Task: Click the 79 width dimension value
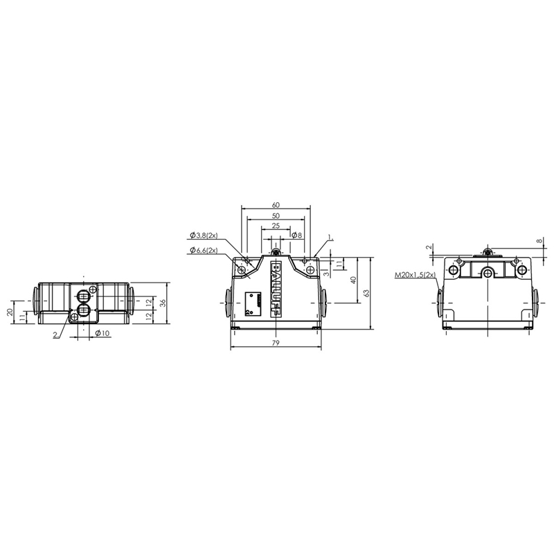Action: (276, 343)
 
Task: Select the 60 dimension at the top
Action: (276, 205)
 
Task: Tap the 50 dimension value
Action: (276, 216)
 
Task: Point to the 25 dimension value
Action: (276, 226)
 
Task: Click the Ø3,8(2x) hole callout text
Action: (204, 235)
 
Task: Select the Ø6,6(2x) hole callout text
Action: (204, 250)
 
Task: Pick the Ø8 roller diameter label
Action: (297, 235)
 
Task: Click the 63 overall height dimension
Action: (366, 293)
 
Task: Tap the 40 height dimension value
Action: (353, 280)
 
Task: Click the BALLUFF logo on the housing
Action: (276, 289)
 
